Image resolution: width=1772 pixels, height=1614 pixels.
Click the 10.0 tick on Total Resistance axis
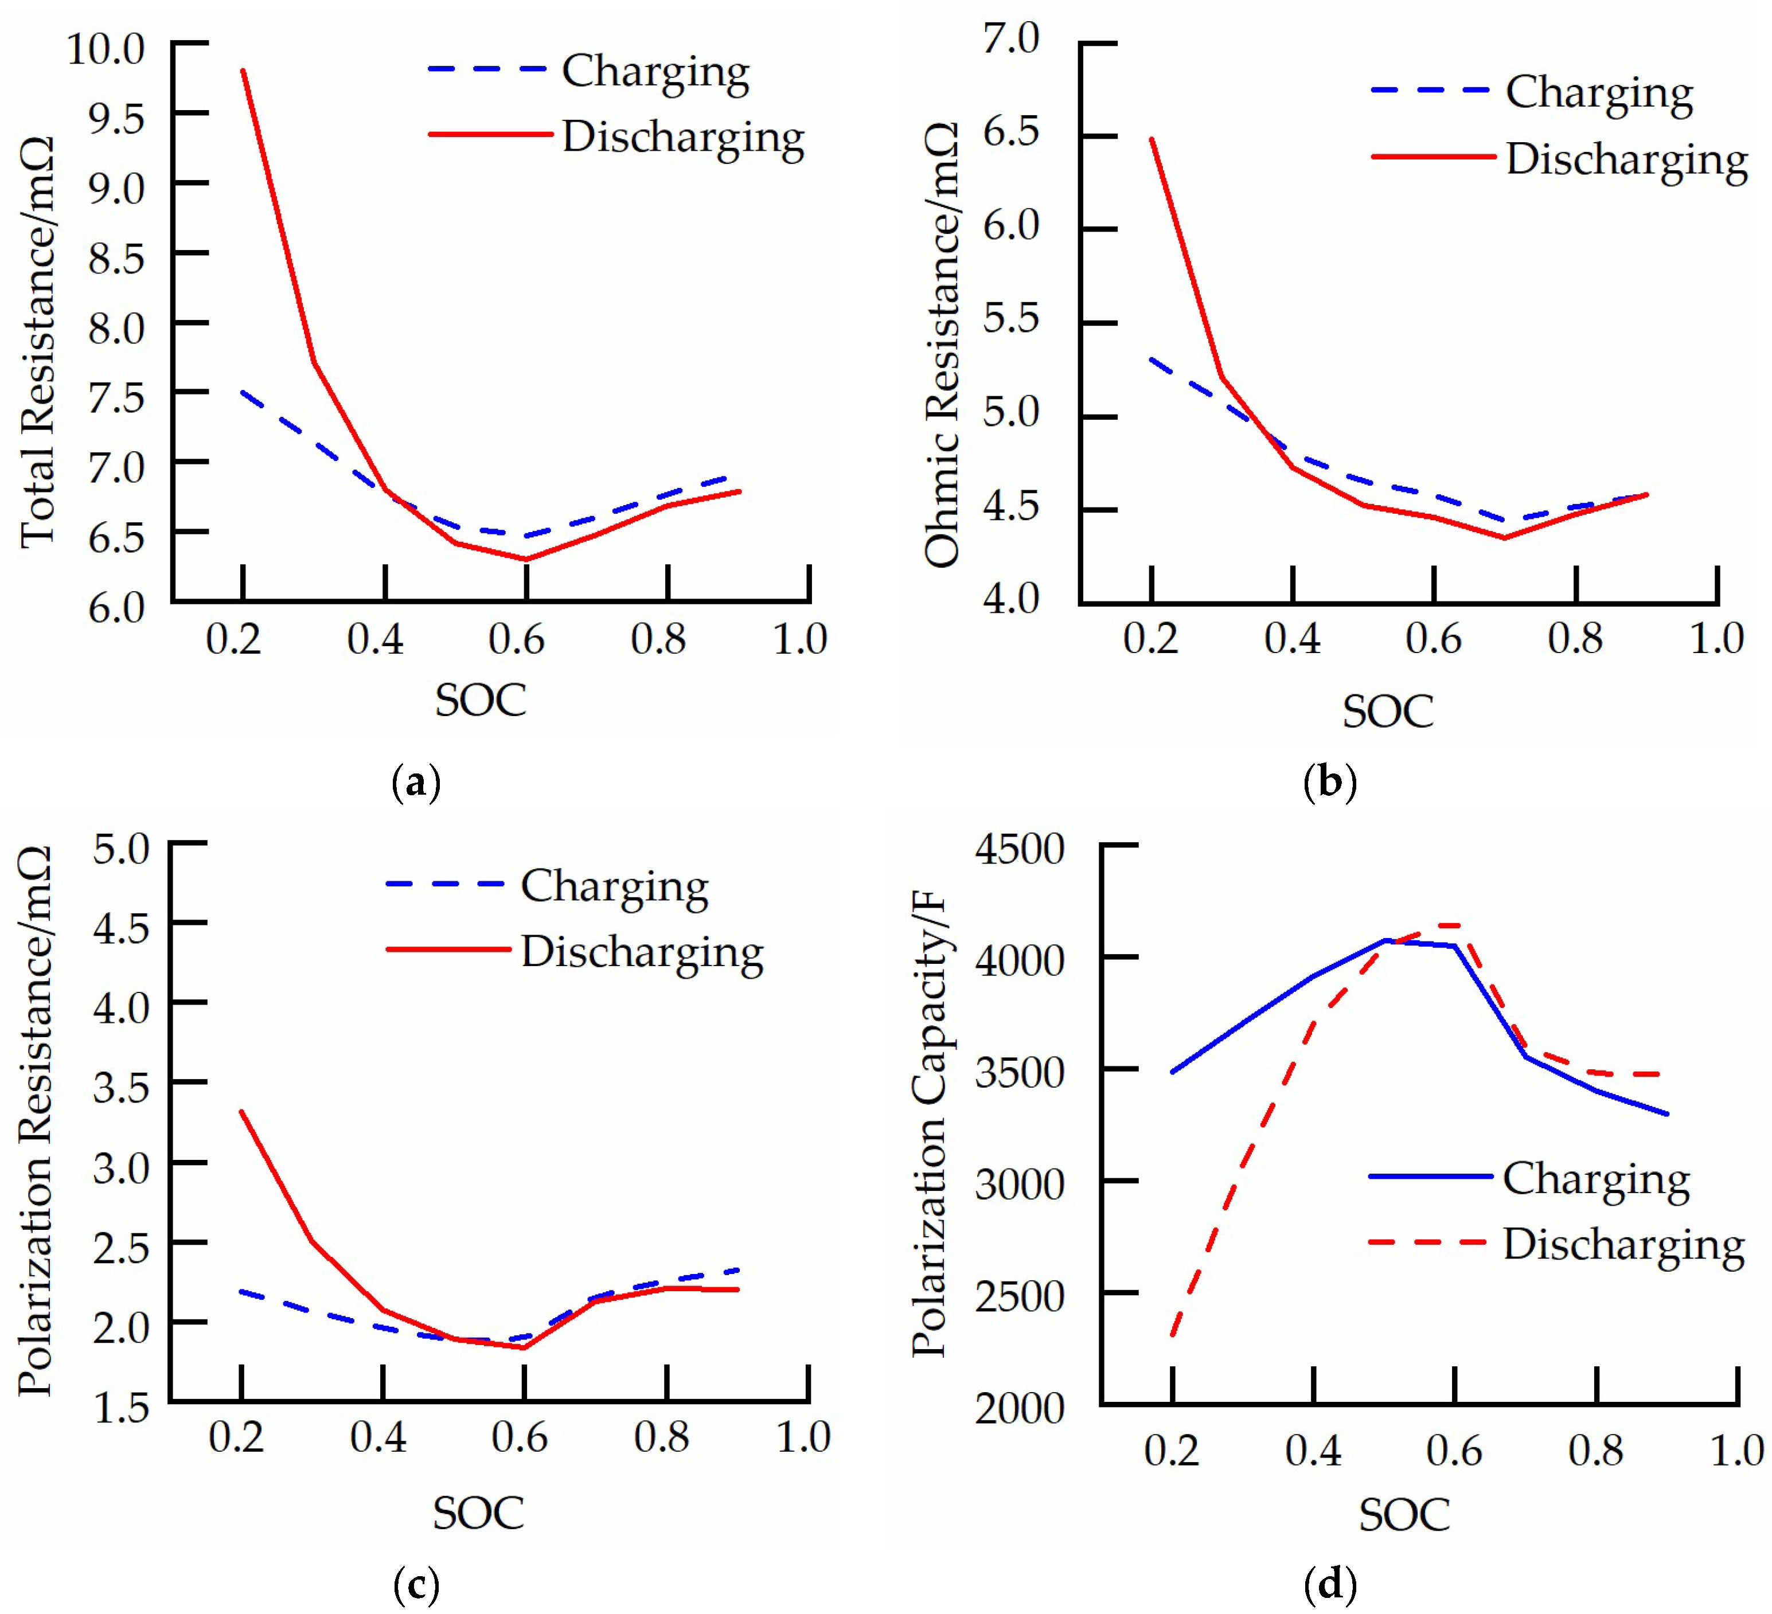[x=106, y=49]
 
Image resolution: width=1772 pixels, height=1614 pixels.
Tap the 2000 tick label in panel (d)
[x=1020, y=1408]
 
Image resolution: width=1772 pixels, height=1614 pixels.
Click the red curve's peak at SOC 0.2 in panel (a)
[x=243, y=71]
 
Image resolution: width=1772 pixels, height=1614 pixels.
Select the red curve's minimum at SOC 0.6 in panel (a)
[x=526, y=559]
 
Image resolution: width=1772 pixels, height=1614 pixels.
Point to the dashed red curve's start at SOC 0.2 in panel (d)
[x=1173, y=1335]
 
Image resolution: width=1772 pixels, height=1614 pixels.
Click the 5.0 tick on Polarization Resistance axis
[x=122, y=850]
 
